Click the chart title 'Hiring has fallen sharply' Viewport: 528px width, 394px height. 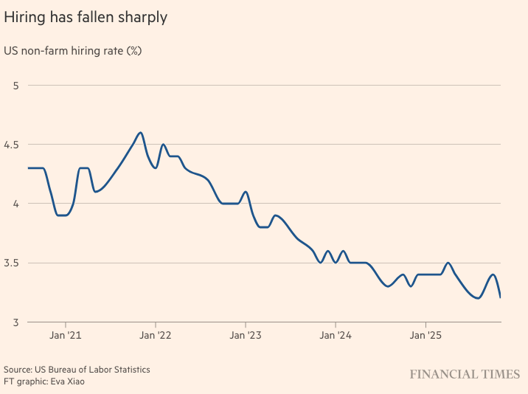86,17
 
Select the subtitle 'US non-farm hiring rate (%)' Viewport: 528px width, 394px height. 72,51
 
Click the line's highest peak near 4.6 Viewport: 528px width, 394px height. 140,133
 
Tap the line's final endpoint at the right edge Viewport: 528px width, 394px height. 501,297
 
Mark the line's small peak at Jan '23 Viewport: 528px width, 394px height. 246,192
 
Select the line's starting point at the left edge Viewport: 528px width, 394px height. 29,168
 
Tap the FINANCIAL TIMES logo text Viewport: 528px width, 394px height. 465,375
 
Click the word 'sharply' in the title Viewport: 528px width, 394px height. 142,17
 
